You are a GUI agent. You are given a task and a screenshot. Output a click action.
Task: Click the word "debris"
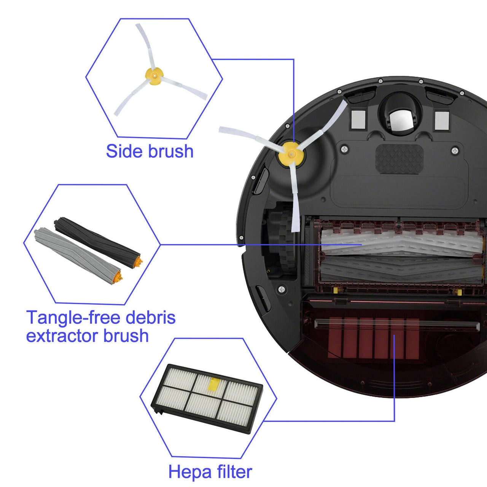151,317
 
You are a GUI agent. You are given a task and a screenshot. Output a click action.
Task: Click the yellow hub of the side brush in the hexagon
154,76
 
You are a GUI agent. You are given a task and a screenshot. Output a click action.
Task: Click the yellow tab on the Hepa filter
213,385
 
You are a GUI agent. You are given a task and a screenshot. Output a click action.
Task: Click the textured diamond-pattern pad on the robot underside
399,159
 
